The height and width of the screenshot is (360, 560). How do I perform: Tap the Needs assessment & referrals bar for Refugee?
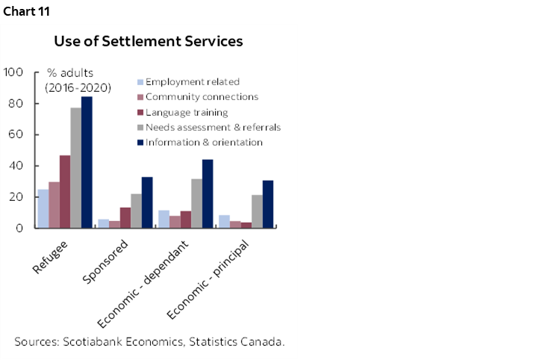pyautogui.click(x=76, y=167)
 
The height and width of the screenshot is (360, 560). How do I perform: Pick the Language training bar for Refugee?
pyautogui.click(x=65, y=191)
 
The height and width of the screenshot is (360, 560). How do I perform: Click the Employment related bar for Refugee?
pyautogui.click(x=43, y=208)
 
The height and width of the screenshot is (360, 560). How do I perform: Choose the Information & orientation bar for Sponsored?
pyautogui.click(x=147, y=202)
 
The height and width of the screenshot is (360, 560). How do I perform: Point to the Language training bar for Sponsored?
pyautogui.click(x=125, y=217)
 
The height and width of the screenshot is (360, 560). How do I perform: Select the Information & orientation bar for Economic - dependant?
pyautogui.click(x=207, y=193)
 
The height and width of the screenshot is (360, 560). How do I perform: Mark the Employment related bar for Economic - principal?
pyautogui.click(x=224, y=221)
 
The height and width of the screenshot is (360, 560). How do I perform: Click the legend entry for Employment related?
pyautogui.click(x=193, y=82)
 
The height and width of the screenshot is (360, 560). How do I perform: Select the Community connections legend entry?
pyautogui.click(x=202, y=97)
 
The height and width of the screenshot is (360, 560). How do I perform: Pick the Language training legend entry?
pyautogui.click(x=187, y=112)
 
